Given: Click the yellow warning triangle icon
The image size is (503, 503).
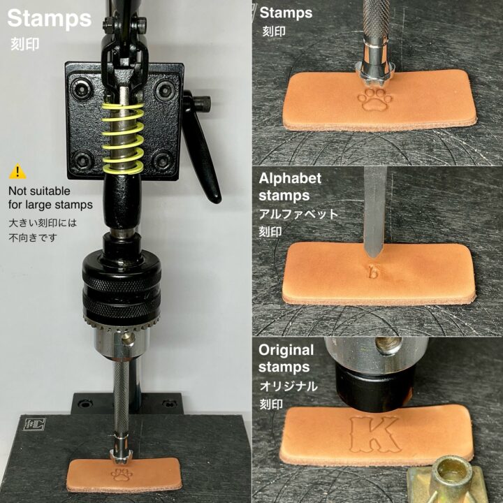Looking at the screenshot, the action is (17, 172).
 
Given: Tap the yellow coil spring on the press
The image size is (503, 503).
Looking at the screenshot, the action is (122, 138).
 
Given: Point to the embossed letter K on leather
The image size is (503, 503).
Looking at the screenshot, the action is (375, 435).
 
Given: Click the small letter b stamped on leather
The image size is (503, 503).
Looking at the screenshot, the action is (373, 272).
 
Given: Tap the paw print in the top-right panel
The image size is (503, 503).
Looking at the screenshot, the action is (374, 101).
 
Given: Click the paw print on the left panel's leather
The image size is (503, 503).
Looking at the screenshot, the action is (122, 475).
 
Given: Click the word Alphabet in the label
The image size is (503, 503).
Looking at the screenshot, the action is (290, 179).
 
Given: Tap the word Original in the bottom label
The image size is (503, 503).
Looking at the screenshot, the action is (286, 350).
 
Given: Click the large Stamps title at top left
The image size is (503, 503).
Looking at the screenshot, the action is (50, 19).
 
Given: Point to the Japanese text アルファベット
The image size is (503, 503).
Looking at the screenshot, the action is (299, 214).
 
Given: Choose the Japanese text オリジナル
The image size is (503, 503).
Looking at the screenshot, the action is (289, 386).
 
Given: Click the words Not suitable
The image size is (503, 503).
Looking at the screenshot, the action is (39, 191).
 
